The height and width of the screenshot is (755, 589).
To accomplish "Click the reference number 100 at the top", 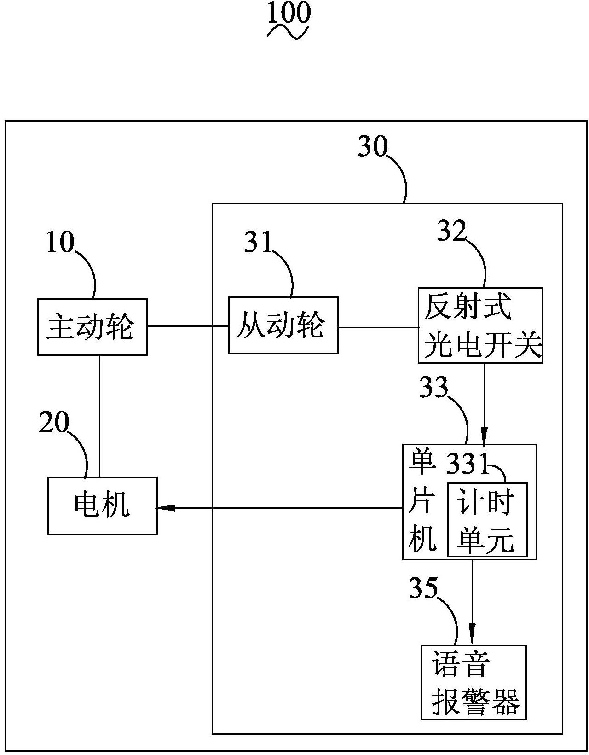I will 289,14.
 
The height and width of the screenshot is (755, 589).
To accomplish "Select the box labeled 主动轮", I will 92,327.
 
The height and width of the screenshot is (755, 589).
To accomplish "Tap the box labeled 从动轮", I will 283,325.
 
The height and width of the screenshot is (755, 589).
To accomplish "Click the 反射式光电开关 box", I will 480,325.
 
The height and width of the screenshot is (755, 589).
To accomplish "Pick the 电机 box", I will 102,505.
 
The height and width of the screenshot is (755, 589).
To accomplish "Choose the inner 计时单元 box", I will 487,519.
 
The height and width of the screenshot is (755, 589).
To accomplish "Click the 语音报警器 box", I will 474,682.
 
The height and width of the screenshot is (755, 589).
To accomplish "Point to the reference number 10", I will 60,243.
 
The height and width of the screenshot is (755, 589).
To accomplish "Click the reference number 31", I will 258,242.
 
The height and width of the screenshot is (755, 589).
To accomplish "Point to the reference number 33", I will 433,388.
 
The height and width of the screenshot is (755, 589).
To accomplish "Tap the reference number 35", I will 423,589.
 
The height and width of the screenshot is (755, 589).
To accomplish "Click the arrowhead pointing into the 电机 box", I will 165,508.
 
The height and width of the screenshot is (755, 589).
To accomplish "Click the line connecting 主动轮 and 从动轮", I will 188,326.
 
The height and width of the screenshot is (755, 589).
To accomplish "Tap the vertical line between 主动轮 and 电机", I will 99,414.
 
